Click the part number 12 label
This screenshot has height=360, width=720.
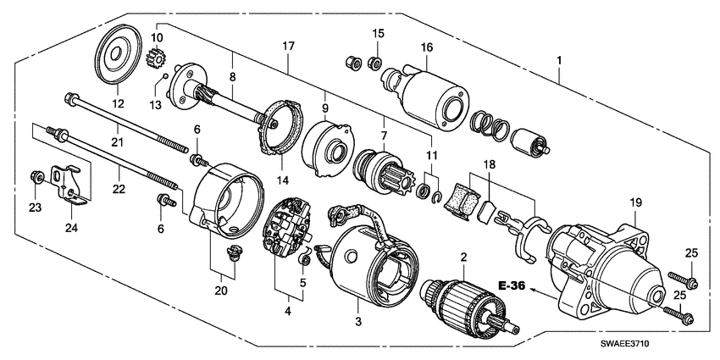coord(117,104)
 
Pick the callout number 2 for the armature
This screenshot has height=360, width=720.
coord(463,257)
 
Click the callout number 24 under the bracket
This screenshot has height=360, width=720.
coord(71,227)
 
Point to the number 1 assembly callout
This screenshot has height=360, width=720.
coord(558,61)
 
